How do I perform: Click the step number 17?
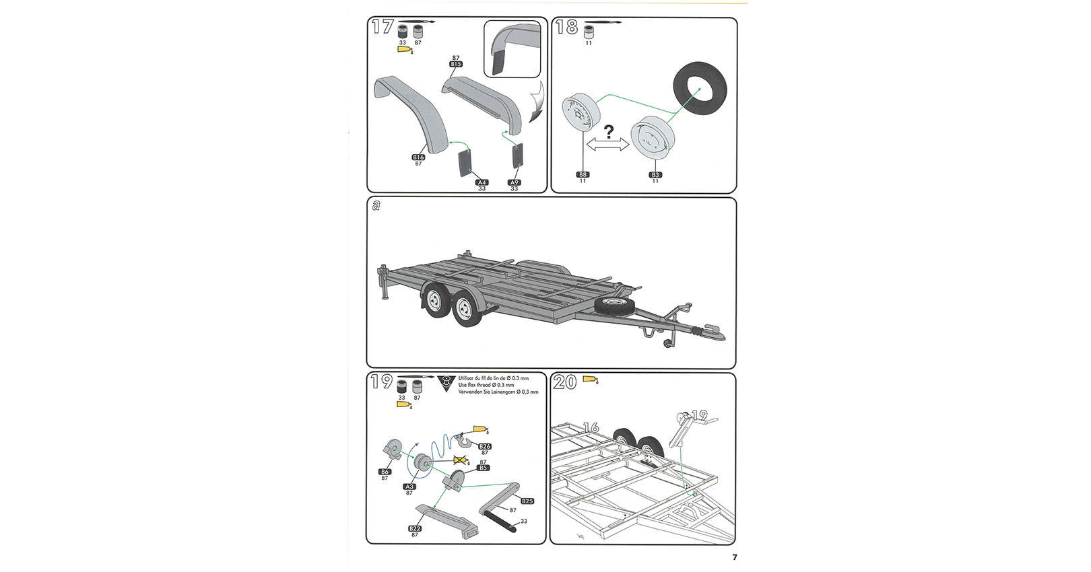[x=383, y=28]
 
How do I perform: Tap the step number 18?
[x=566, y=28]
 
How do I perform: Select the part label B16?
[x=418, y=157]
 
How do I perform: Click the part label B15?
[x=456, y=64]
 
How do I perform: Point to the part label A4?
[x=482, y=182]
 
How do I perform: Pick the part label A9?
[x=514, y=182]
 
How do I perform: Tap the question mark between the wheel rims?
[x=609, y=132]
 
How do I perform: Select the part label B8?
[x=583, y=175]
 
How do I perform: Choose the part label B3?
[x=655, y=175]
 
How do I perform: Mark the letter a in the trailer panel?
[x=376, y=205]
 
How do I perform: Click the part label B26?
[x=484, y=446]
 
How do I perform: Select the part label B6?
[x=385, y=472]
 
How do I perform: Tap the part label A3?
[x=409, y=487]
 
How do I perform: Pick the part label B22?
[x=415, y=528]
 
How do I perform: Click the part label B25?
[x=527, y=501]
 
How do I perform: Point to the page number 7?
[x=735, y=557]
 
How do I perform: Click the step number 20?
[x=564, y=382]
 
